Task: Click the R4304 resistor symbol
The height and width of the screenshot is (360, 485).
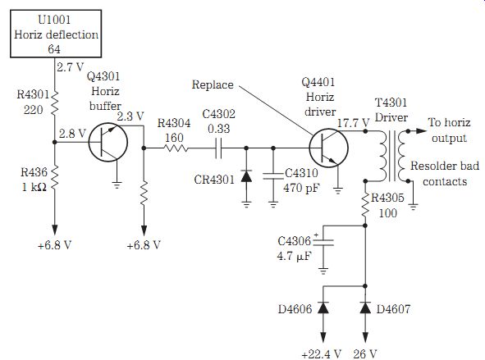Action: coord(176,148)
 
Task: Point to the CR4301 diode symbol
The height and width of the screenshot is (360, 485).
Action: coord(246,175)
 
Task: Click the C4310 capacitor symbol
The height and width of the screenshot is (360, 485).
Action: coord(272,176)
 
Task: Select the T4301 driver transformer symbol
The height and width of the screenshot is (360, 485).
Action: coord(392,156)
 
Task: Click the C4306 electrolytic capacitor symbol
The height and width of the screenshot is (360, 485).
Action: coord(323,242)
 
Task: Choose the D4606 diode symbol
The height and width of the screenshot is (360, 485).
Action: coord(323,308)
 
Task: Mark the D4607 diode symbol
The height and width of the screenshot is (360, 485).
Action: coord(365,308)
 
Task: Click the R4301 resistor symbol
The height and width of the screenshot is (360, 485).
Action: coord(54,103)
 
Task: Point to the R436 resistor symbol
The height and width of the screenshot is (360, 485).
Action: coord(54,177)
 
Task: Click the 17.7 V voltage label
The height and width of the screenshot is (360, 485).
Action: coord(353,123)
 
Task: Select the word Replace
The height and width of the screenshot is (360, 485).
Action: coord(213,84)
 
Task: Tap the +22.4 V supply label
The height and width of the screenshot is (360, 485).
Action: coord(321,353)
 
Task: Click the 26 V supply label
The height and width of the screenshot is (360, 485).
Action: coord(365,353)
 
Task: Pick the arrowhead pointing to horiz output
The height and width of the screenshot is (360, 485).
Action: coord(421,131)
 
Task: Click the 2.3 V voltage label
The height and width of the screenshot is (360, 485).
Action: coord(130,116)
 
